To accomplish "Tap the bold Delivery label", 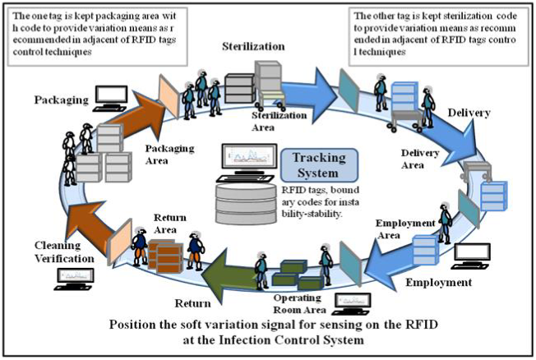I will pyautogui.click(x=469, y=112).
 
